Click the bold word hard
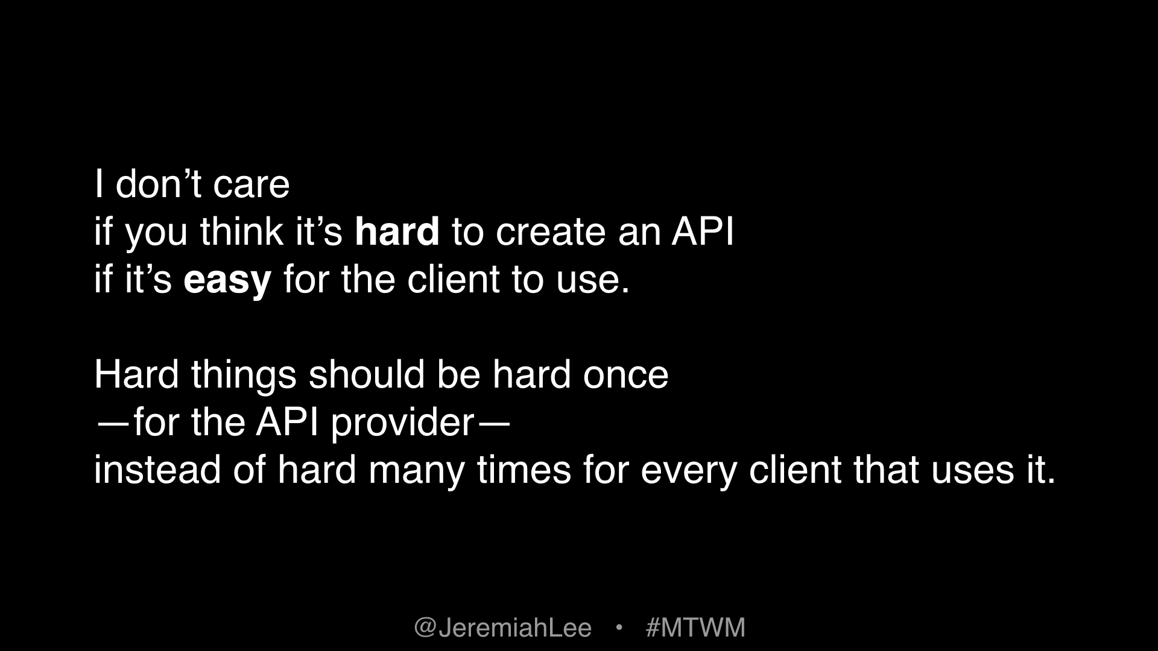[x=397, y=231]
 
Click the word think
[x=241, y=231]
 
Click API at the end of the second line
[x=703, y=231]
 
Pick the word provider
[x=402, y=423]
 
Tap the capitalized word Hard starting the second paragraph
[x=136, y=374]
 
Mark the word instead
[x=157, y=470]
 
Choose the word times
[x=524, y=470]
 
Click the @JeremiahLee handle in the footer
[x=502, y=627]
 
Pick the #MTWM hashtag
[x=695, y=627]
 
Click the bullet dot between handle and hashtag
[x=618, y=627]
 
